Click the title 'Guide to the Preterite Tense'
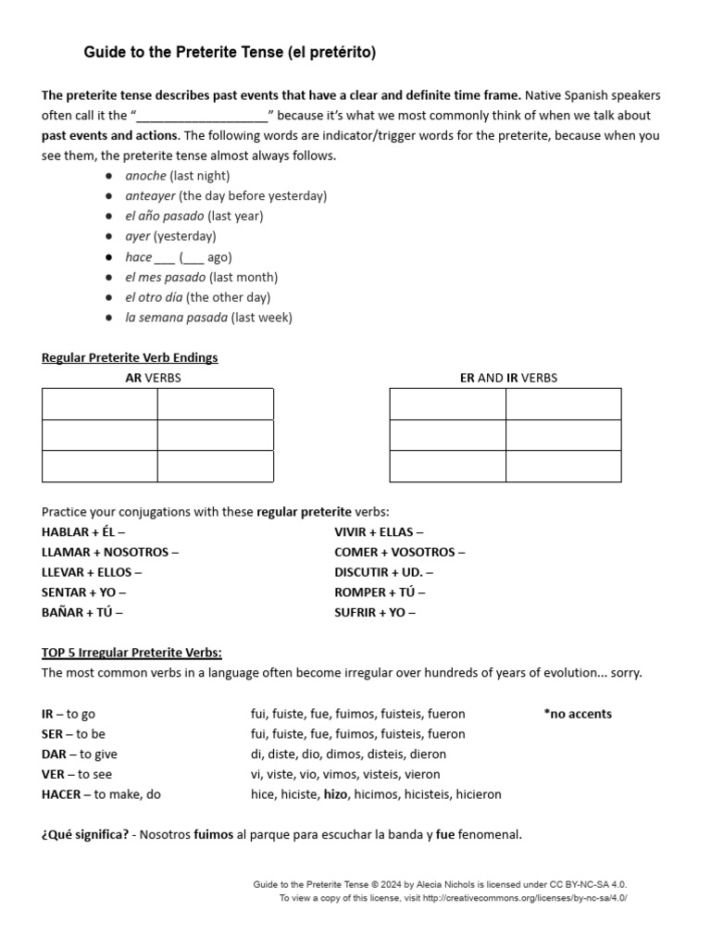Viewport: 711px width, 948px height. [230, 54]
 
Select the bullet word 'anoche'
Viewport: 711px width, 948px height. [146, 176]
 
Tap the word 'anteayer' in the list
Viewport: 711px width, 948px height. [151, 196]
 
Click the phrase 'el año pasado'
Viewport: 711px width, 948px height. [165, 217]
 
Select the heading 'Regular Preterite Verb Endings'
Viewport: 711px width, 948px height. [130, 357]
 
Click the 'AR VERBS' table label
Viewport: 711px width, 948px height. [154, 378]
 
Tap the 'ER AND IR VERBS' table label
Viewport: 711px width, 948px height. [508, 378]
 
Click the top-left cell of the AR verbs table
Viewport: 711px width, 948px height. [99, 405]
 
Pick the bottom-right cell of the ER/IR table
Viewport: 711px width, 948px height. [563, 466]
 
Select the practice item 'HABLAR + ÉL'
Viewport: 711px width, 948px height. [83, 532]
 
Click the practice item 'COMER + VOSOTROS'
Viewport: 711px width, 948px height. [400, 553]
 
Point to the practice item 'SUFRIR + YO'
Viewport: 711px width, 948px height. [375, 613]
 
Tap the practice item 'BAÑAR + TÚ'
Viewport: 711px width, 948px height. [81, 613]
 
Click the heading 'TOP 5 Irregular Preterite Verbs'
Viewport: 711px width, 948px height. [131, 654]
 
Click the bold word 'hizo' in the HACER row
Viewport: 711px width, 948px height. [334, 795]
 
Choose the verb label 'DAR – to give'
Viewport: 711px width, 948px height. [80, 755]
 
